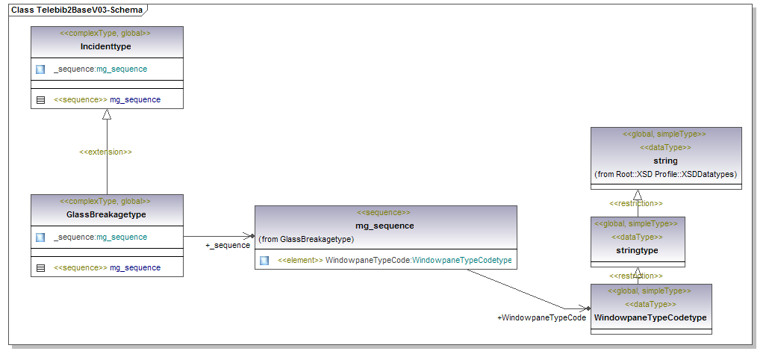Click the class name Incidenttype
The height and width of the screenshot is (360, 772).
[105, 46]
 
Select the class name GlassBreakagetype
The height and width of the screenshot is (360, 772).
[105, 214]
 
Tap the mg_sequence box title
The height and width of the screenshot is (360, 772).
[385, 226]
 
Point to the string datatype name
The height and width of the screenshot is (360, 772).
[665, 161]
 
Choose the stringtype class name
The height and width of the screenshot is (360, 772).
[636, 250]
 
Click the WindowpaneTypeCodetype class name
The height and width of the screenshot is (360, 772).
[650, 317]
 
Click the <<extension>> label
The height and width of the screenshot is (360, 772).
[105, 152]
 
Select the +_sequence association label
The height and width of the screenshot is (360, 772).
[228, 245]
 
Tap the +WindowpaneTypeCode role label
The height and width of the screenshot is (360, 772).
[541, 318]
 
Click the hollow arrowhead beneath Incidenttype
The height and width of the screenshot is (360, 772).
[107, 114]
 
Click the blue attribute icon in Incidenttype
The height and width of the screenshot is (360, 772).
[40, 69]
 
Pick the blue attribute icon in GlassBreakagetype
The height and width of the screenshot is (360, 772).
[40, 238]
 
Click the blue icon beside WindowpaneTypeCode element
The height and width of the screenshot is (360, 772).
[264, 261]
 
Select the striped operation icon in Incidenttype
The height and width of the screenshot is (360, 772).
[40, 99]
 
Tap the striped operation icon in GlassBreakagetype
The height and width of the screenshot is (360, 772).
[40, 267]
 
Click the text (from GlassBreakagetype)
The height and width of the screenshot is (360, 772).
[306, 240]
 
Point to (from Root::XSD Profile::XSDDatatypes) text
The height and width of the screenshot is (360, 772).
[665, 174]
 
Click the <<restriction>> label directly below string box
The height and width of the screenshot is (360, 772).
[636, 203]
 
